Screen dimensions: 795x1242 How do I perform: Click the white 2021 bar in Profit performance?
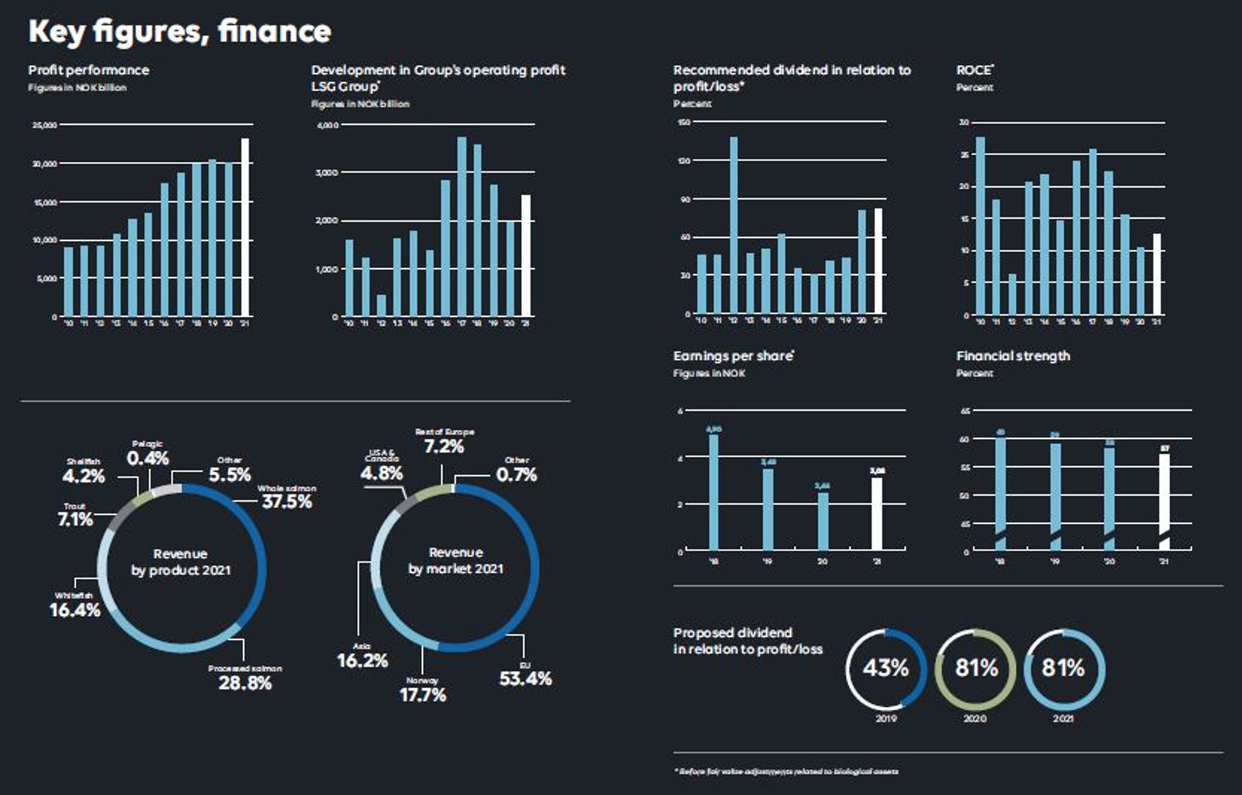coord(245,227)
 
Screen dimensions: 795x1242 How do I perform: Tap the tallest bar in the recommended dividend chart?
coord(733,225)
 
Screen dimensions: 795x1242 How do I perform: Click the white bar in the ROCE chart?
coord(1157,274)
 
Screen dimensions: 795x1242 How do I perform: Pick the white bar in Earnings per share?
coord(877,513)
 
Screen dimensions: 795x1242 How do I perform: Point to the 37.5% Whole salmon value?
coord(287,502)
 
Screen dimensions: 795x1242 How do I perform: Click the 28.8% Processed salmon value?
coord(245,683)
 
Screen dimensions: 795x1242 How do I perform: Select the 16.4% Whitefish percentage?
coord(75,610)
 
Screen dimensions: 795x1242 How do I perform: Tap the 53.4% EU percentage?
coord(525,679)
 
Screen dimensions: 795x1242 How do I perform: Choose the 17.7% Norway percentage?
coord(423,695)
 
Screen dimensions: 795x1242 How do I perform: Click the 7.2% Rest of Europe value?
coord(444,447)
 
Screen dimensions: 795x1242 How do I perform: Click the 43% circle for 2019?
coord(886,669)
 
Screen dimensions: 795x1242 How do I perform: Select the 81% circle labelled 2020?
coord(976,669)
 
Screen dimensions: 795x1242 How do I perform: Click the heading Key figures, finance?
coord(180,32)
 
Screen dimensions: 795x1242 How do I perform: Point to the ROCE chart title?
coord(974,70)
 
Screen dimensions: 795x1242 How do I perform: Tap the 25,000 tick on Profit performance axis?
coord(44,126)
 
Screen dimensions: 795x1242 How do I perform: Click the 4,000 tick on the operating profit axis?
coord(328,126)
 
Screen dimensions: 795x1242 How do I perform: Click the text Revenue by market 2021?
coord(455,561)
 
